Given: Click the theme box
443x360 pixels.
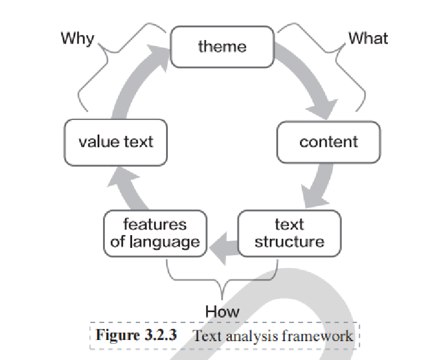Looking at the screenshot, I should pyautogui.click(x=222, y=47).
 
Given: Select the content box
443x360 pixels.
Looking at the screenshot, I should pyautogui.click(x=328, y=142).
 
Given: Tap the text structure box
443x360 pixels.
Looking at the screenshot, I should pyautogui.click(x=289, y=233).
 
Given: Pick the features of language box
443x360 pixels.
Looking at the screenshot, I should pyautogui.click(x=155, y=233).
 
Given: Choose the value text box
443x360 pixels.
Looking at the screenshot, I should pyautogui.click(x=115, y=142).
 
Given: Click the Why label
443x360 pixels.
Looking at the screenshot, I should pyautogui.click(x=77, y=39).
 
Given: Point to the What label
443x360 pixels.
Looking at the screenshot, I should pyautogui.click(x=368, y=39).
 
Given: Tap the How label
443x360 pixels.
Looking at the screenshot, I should pyautogui.click(x=222, y=312).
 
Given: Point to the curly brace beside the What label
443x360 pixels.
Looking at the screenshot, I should pyautogui.click(x=342, y=58).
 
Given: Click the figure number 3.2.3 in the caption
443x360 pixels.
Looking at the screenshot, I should pyautogui.click(x=159, y=335).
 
